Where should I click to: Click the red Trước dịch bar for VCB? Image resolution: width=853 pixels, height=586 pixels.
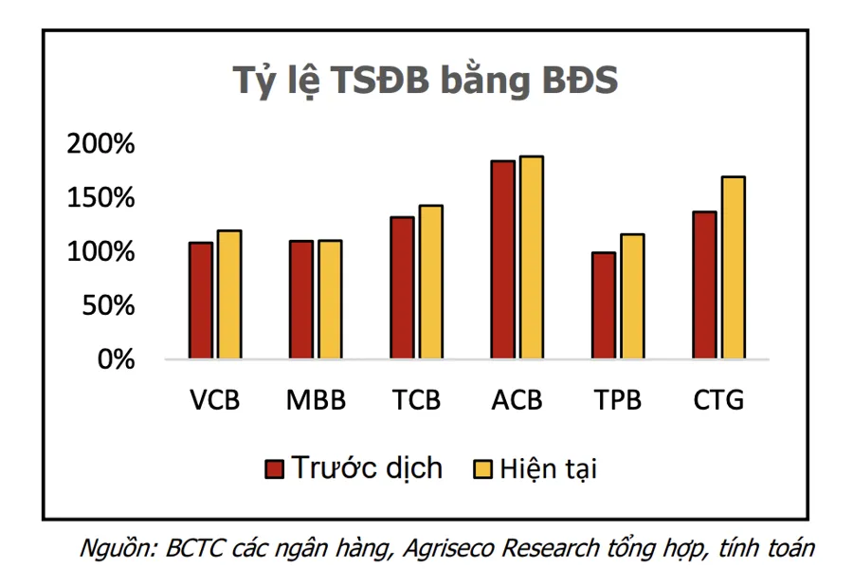[201, 301]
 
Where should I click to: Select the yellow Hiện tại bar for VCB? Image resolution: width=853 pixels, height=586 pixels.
[229, 295]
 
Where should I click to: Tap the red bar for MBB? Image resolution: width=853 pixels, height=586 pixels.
[301, 300]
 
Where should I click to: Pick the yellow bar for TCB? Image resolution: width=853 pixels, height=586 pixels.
[430, 283]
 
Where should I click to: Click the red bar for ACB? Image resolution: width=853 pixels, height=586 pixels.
[502, 260]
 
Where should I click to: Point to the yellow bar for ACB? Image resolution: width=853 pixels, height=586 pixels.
[531, 258]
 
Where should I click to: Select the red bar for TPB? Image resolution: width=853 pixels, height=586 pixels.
[604, 305]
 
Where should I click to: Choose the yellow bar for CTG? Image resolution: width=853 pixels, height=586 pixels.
[734, 268]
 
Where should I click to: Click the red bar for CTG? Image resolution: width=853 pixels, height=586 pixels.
[704, 285]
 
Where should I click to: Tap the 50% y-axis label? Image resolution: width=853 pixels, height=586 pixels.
[113, 306]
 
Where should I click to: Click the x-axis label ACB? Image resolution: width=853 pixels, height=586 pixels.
[517, 400]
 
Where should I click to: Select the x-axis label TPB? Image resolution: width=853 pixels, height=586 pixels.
[618, 400]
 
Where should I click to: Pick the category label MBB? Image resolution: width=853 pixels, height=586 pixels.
[316, 400]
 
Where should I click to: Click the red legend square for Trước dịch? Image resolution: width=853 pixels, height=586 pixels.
[276, 469]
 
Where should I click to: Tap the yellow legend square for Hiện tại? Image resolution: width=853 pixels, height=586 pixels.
[481, 469]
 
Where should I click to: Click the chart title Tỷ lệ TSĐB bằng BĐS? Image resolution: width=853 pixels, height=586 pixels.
[426, 81]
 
